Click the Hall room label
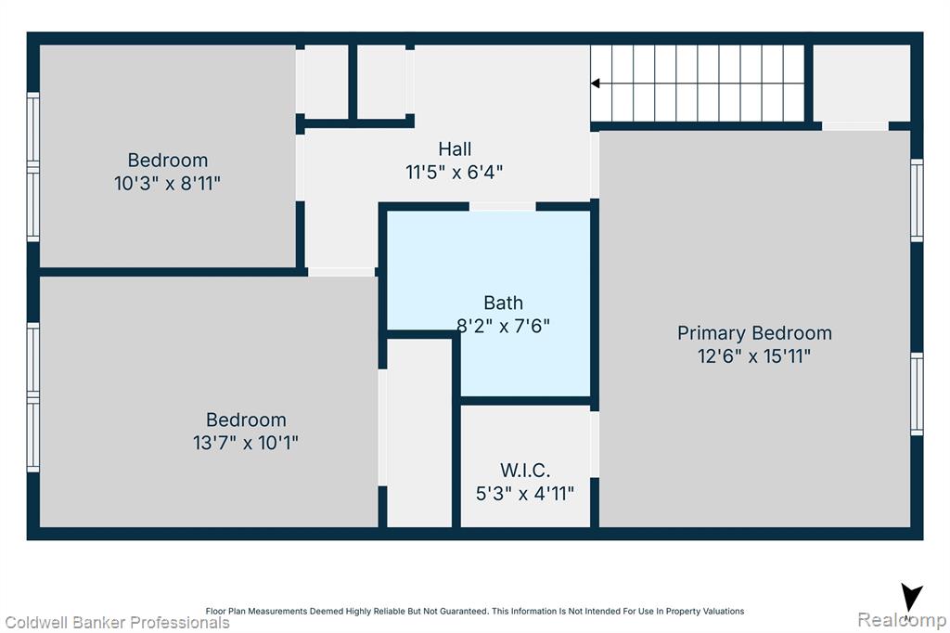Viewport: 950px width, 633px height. click(455, 149)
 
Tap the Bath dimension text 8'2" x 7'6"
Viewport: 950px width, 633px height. click(503, 326)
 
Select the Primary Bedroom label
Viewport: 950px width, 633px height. click(754, 333)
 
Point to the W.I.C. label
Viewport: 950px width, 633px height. click(525, 470)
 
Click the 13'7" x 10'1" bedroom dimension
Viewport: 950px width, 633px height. click(246, 443)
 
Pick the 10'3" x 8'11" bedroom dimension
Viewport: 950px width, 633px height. click(167, 183)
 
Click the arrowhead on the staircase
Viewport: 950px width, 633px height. click(596, 83)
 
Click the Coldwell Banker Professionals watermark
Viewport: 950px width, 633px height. click(118, 623)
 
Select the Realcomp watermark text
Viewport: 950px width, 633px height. click(902, 620)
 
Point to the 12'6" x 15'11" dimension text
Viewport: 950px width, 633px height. click(754, 355)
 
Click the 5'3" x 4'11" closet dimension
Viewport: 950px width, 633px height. click(525, 494)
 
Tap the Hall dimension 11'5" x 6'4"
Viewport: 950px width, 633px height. click(455, 173)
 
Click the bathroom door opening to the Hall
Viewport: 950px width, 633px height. click(502, 207)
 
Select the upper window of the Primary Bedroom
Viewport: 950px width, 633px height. click(918, 200)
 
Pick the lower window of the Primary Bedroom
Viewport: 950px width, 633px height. click(918, 394)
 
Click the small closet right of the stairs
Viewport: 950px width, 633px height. click(862, 83)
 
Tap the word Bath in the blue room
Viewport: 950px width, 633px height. click(503, 303)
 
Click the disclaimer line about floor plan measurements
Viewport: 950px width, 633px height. click(475, 611)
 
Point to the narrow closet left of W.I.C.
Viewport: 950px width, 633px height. click(419, 433)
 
